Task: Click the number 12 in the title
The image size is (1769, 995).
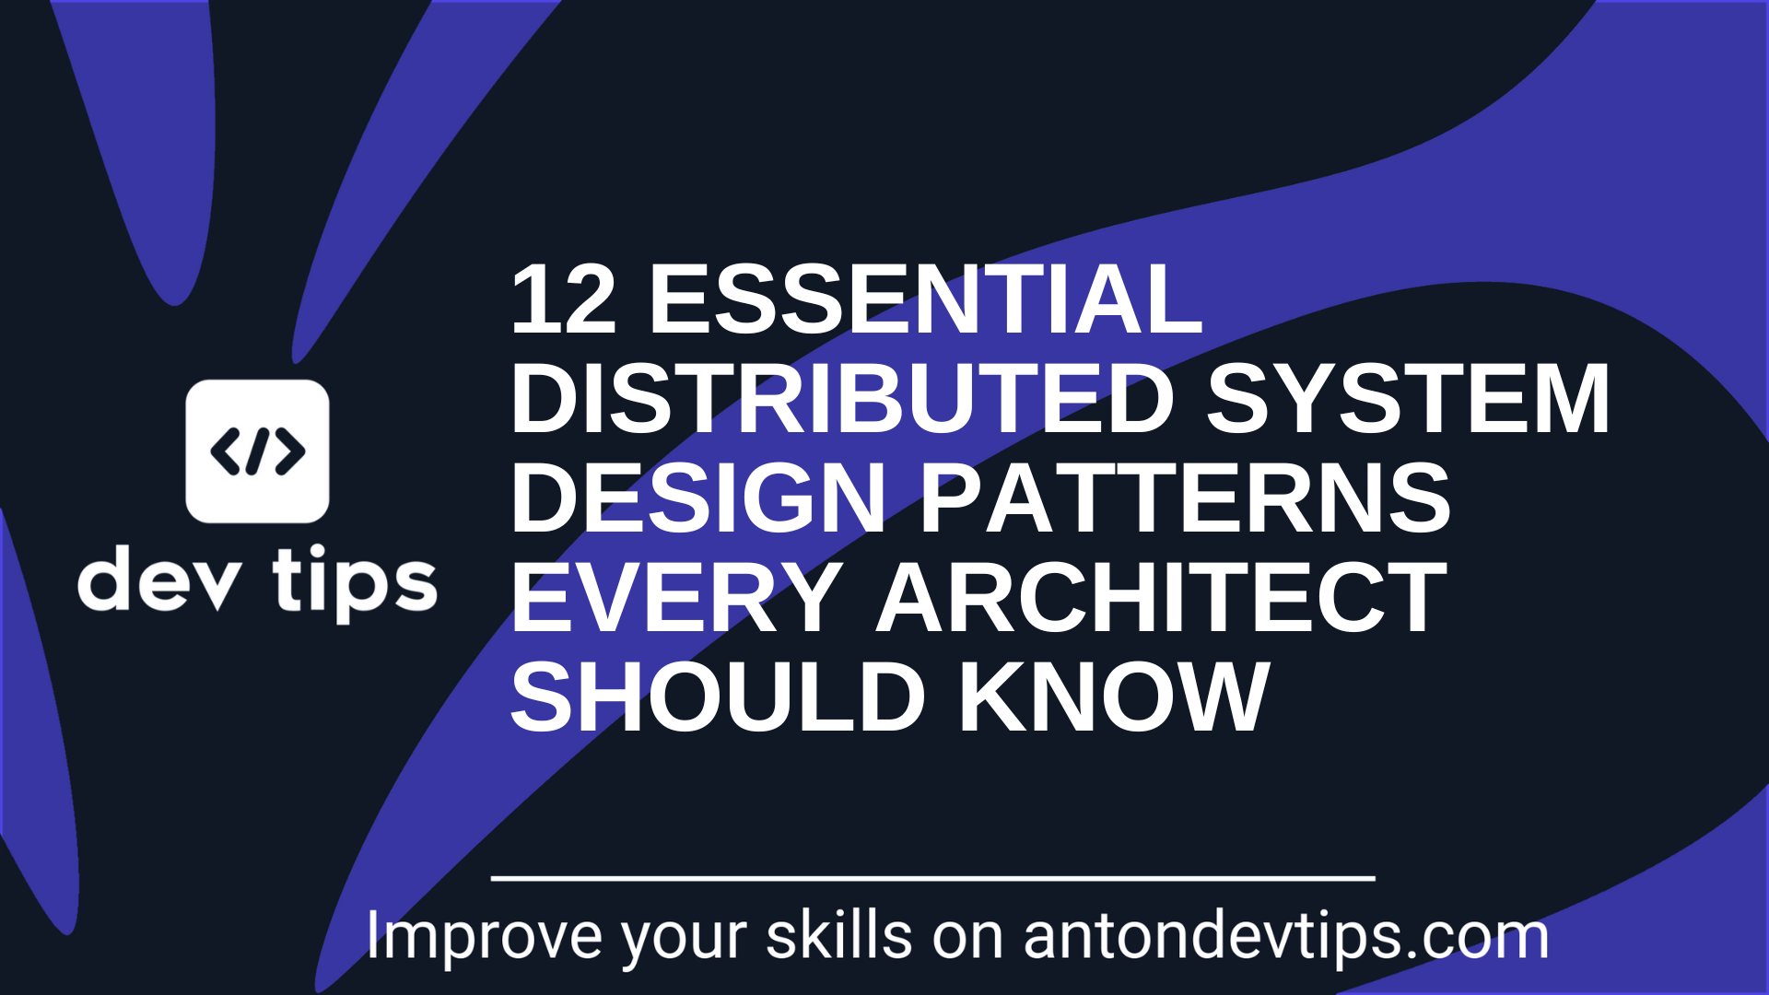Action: (x=562, y=300)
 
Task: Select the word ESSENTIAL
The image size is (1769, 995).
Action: (x=925, y=300)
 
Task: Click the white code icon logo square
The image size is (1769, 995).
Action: (x=257, y=451)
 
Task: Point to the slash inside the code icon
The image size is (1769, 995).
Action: (x=258, y=451)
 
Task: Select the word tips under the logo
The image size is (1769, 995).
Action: (x=355, y=583)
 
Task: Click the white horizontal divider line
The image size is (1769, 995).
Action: (x=932, y=879)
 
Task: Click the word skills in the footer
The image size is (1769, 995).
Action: (x=838, y=937)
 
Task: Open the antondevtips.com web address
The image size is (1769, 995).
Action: (x=1285, y=937)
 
